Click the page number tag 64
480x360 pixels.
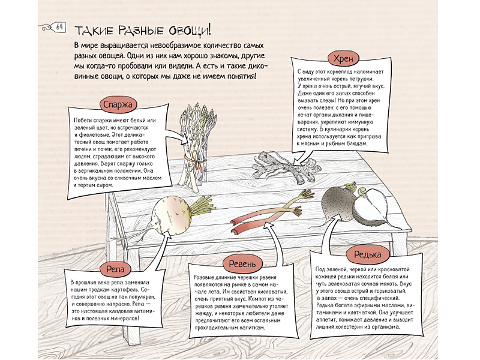tap(59, 28)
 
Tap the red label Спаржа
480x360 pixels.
tap(118, 104)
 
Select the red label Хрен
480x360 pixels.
tap(343, 58)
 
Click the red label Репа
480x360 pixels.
tap(115, 269)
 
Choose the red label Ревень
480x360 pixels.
tap(242, 264)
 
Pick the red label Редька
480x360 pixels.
tap(367, 254)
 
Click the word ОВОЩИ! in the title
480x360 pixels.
tap(190, 31)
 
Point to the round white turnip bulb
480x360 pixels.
tap(167, 216)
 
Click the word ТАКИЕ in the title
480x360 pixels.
tap(94, 31)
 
